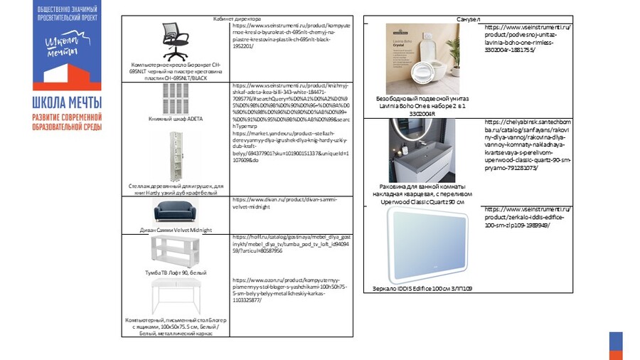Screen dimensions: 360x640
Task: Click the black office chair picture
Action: coord(175,41)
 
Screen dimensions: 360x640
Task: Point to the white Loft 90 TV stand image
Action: coord(175,252)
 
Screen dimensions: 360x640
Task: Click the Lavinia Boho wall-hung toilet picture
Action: coord(422,60)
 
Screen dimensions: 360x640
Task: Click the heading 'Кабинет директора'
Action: coord(237,18)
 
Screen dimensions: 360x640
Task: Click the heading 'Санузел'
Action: coord(468,18)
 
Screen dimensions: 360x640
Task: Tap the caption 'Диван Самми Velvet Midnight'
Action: coord(176,230)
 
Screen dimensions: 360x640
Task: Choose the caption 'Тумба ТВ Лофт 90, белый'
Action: coord(176,272)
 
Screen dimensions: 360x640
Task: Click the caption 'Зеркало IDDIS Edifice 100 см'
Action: coord(422,289)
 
